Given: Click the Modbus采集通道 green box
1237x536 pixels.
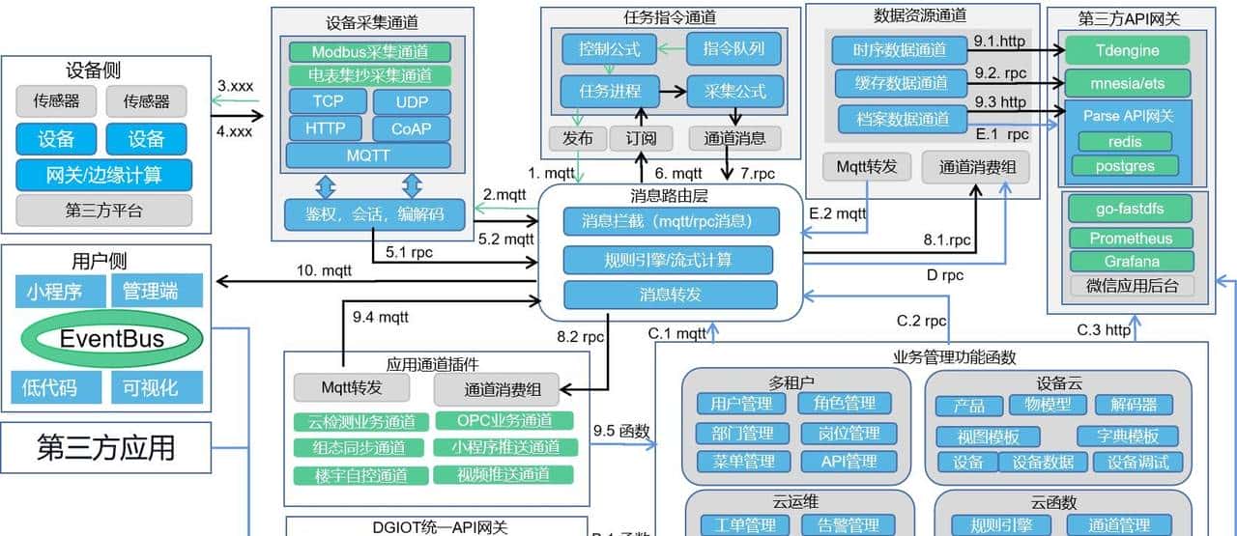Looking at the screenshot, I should (368, 51).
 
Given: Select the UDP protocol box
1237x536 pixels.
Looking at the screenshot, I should (411, 102).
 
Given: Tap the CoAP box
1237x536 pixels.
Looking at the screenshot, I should (411, 128).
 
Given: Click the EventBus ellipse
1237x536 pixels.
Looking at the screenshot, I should (112, 338).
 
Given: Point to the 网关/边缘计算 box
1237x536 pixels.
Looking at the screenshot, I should (103, 175).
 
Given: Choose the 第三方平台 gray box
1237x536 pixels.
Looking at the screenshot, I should (103, 210).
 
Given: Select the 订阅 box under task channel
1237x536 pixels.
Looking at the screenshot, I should (640, 138).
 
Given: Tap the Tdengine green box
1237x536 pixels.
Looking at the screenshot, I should (1127, 49).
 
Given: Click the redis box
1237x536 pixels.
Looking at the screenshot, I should (1124, 142).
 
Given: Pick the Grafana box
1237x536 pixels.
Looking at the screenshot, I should (1131, 262).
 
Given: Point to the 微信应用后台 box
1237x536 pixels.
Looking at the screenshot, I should (1131, 286).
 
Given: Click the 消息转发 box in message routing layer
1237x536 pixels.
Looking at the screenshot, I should (670, 295).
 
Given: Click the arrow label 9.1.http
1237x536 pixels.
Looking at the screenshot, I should (999, 42).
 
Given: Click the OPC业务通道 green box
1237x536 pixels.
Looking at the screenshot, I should (503, 420).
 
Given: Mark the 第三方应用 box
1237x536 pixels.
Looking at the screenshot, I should (106, 448).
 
